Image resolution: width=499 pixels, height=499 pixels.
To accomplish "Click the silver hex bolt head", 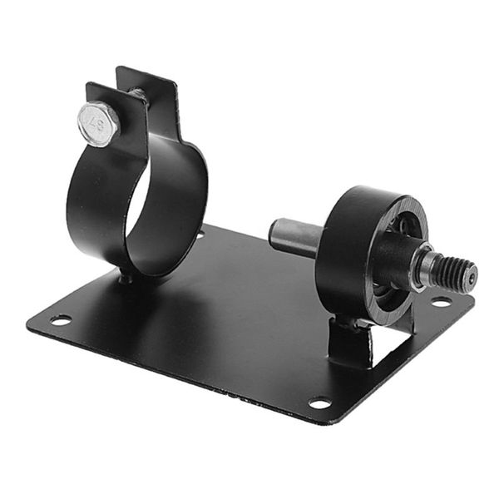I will click(x=99, y=124).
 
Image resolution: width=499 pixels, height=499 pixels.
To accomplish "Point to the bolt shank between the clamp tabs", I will click(x=136, y=99).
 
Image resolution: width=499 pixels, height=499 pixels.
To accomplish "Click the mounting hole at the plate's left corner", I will click(x=60, y=319).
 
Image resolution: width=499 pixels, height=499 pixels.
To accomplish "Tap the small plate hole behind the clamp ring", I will click(x=200, y=235).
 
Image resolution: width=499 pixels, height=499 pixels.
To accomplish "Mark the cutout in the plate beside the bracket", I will click(x=391, y=337).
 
